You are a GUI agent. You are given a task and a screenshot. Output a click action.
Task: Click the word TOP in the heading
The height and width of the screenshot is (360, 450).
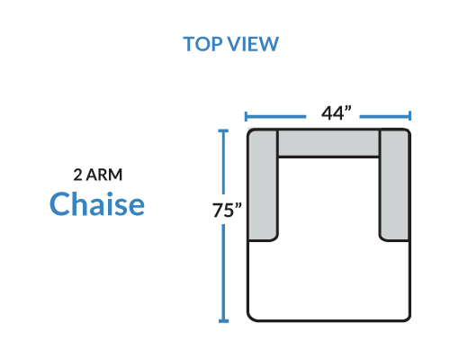202,44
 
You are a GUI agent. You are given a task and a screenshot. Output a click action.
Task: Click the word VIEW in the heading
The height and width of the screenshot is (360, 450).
253,44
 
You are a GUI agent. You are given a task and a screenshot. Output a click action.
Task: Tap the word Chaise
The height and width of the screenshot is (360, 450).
97,203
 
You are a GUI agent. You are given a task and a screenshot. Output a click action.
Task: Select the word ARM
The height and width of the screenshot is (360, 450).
104,175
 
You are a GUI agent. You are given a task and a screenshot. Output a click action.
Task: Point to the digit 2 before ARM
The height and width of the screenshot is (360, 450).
77,175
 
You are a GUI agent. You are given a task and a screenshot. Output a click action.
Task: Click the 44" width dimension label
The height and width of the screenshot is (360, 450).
336,113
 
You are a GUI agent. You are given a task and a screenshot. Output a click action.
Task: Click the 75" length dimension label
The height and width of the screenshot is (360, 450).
227,210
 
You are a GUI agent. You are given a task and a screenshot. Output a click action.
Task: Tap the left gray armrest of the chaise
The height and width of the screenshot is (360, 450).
263,184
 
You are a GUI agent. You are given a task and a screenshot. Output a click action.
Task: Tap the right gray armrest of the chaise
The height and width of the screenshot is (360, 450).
394,184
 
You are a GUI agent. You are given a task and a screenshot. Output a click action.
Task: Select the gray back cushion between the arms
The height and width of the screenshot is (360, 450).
328,143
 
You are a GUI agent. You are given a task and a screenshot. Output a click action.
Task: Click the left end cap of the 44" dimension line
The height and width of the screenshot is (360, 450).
246,116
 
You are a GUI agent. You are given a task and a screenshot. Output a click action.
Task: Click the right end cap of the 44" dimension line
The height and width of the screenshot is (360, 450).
409,116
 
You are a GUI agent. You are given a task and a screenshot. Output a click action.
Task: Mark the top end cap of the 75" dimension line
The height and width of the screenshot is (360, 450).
223,130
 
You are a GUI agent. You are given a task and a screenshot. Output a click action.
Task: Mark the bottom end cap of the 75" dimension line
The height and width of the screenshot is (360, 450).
223,321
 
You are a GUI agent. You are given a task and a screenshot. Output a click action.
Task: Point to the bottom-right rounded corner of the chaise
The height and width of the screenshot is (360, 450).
407,318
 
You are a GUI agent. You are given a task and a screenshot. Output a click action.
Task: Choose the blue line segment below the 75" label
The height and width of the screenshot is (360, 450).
223,273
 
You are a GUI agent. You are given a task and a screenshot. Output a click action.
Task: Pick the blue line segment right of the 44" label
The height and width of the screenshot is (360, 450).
384,116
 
